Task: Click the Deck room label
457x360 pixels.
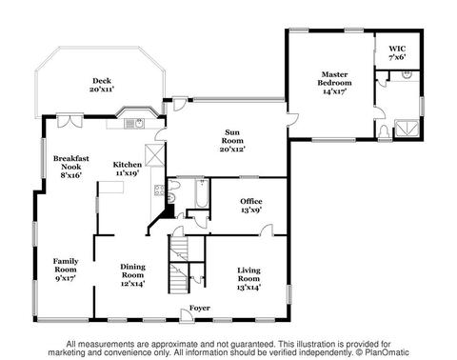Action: pyautogui.click(x=102, y=85)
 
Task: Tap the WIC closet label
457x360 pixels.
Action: pyautogui.click(x=397, y=53)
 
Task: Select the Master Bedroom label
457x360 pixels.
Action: pyautogui.click(x=334, y=83)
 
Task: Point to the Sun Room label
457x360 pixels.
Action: pyautogui.click(x=232, y=140)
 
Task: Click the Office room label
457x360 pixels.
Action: pyautogui.click(x=251, y=205)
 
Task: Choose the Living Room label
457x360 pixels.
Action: pyautogui.click(x=248, y=278)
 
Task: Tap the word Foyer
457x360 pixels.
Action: pyautogui.click(x=200, y=308)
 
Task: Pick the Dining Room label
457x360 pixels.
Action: pyautogui.click(x=133, y=275)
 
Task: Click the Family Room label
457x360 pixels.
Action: pyautogui.click(x=66, y=270)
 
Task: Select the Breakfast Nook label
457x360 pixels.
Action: pyautogui.click(x=71, y=167)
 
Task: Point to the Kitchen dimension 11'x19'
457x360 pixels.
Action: pyautogui.click(x=128, y=172)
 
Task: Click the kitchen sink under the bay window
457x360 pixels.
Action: pyautogui.click(x=135, y=124)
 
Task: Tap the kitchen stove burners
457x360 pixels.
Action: pyautogui.click(x=159, y=190)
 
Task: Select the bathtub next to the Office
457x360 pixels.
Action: pyautogui.click(x=202, y=193)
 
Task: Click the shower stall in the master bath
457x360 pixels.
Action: pyautogui.click(x=407, y=128)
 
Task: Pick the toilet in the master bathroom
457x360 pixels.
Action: pyautogui.click(x=384, y=131)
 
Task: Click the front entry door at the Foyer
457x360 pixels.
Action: pyautogui.click(x=186, y=315)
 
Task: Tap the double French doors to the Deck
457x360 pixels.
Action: pyautogui.click(x=70, y=120)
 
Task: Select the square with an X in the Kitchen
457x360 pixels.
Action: pyautogui.click(x=154, y=155)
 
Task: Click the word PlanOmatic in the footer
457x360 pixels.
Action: pyautogui.click(x=387, y=352)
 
